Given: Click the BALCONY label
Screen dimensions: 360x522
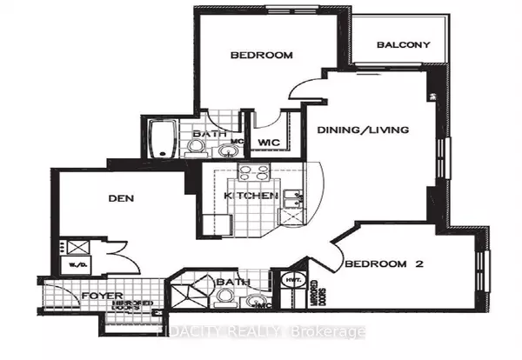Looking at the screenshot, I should pyautogui.click(x=404, y=45).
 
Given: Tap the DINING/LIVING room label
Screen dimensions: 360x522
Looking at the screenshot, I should pyautogui.click(x=375, y=130).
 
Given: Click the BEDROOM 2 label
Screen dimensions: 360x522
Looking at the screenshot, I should pyautogui.click(x=383, y=264).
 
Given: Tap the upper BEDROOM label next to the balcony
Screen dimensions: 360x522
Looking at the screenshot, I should pyautogui.click(x=261, y=56).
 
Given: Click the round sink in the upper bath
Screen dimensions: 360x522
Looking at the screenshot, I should pyautogui.click(x=229, y=151).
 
